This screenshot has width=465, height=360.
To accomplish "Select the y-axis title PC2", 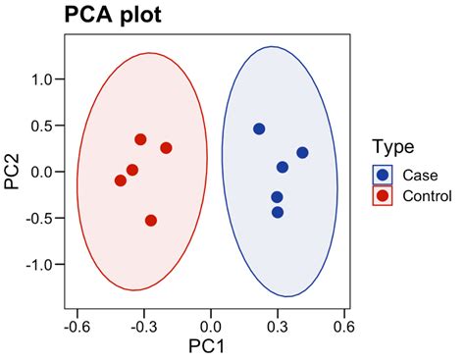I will coord(13,172).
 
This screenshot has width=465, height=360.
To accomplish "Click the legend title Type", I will coord(393,147).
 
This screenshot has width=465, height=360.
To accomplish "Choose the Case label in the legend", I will coord(420,175).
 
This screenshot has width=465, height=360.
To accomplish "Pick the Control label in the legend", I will coord(427,195).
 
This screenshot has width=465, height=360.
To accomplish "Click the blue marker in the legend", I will coord(384,175).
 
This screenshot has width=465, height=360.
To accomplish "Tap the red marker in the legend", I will coord(384,195).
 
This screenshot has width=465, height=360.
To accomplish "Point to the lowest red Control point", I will coord(151,221).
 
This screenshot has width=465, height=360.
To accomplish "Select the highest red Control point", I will coord(140,139).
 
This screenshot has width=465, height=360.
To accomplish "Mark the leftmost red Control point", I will coord(121,180).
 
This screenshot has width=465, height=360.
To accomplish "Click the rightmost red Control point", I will coord(166,148).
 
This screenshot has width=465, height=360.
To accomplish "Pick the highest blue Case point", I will coord(259,129).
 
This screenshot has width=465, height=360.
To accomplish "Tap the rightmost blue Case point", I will coord(302,152).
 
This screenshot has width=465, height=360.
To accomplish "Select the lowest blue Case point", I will coord(278,212).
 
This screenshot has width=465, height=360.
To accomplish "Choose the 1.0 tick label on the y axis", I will coord(41,79).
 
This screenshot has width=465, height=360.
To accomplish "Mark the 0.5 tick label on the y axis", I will coord(41,126).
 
